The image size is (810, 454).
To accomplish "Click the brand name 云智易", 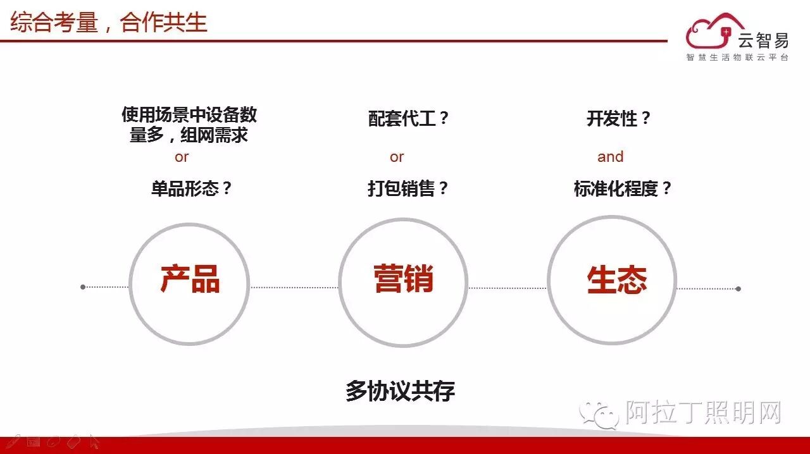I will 763,40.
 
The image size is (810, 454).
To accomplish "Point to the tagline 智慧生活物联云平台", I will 738,58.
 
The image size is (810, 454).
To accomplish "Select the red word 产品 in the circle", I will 190,279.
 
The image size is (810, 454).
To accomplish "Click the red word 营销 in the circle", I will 403,279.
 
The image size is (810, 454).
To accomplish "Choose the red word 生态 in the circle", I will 616,280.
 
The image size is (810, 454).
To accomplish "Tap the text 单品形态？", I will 192,188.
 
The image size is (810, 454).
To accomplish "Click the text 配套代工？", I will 409,118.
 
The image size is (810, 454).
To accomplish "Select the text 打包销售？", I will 408,188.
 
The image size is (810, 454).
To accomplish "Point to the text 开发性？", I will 619,118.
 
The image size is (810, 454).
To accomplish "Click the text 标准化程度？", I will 623,188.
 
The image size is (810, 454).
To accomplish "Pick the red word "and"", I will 610,157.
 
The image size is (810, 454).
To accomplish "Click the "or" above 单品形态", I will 182,157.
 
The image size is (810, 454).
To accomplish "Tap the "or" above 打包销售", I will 397,157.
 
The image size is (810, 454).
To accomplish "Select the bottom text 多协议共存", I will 400,391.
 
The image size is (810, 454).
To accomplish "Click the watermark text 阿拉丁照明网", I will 704,414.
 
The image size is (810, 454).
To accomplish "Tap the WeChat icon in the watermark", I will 601,414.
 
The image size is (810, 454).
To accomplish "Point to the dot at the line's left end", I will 83,287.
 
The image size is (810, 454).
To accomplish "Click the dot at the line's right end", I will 738,289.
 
